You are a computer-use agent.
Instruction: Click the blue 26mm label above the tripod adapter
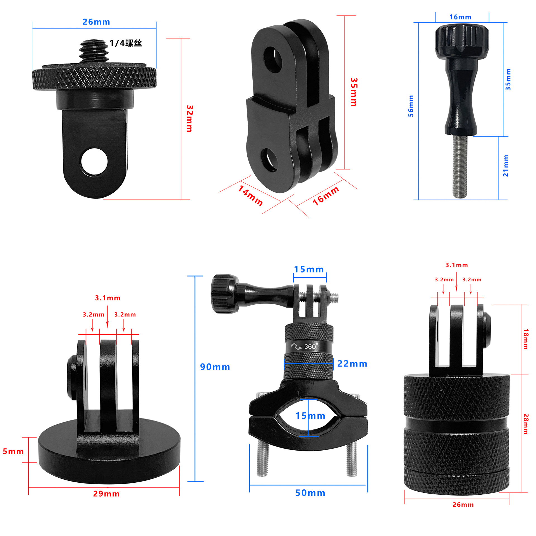(x=96, y=22)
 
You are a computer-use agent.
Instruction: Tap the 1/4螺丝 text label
(x=126, y=43)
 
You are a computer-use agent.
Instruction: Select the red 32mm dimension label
(x=190, y=118)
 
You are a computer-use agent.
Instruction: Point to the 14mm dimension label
(x=250, y=196)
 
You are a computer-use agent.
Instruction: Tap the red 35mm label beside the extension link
(x=353, y=92)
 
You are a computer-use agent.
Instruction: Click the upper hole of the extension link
(x=273, y=60)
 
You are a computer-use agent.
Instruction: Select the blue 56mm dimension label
(x=411, y=106)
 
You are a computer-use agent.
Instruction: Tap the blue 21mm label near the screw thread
(x=506, y=166)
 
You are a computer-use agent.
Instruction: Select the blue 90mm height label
(x=215, y=367)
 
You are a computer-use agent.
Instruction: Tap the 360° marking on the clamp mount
(x=310, y=346)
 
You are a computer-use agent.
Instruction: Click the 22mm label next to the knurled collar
(x=352, y=364)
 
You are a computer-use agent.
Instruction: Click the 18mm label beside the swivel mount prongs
(x=526, y=339)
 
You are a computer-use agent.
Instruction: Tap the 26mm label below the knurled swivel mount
(x=463, y=505)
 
